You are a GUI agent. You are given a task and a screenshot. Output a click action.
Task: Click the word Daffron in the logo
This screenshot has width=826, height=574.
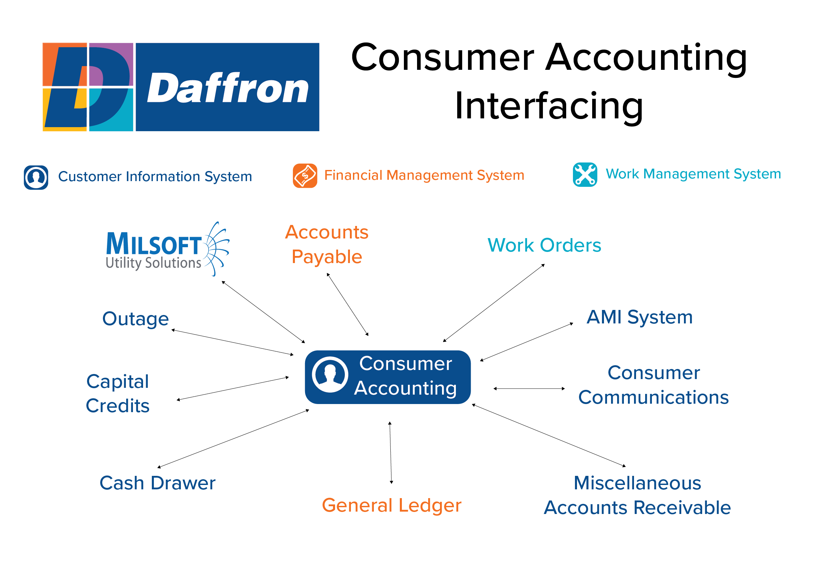tap(227, 88)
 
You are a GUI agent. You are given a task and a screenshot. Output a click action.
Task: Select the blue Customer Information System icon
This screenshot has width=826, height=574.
tap(36, 177)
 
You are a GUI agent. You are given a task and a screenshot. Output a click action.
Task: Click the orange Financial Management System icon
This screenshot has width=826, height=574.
tap(305, 175)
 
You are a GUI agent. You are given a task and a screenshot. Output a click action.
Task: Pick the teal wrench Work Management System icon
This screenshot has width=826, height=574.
tap(585, 175)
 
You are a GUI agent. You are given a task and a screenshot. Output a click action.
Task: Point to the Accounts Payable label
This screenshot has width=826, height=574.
tap(327, 244)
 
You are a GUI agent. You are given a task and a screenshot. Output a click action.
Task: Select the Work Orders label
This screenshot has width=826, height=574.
tap(544, 246)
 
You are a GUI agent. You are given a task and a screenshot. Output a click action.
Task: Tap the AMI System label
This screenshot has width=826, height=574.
tap(639, 317)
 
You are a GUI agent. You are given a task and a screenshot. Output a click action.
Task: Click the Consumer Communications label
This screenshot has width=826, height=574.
tap(653, 385)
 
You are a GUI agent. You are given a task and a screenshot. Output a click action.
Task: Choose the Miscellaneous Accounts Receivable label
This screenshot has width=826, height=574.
tap(637, 495)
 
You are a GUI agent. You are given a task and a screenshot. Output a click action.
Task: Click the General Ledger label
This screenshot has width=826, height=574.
tap(391, 505)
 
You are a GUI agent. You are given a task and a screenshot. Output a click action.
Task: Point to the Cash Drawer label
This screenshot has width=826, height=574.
tap(157, 483)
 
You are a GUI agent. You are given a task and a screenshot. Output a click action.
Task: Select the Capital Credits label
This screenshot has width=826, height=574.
tap(118, 394)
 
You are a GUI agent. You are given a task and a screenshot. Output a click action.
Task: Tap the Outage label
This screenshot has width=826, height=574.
tap(135, 319)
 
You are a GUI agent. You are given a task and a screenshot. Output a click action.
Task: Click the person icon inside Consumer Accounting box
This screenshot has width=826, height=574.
tap(330, 375)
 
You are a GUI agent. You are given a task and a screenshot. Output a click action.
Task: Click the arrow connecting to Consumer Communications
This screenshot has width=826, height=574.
tap(529, 389)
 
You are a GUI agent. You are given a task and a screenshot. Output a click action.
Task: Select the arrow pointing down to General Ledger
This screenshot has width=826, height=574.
tap(390, 453)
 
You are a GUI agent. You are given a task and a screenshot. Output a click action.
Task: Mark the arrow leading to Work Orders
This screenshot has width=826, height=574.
tap(494, 303)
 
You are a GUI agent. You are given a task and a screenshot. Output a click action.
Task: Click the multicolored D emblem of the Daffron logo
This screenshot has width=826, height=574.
tap(88, 87)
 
